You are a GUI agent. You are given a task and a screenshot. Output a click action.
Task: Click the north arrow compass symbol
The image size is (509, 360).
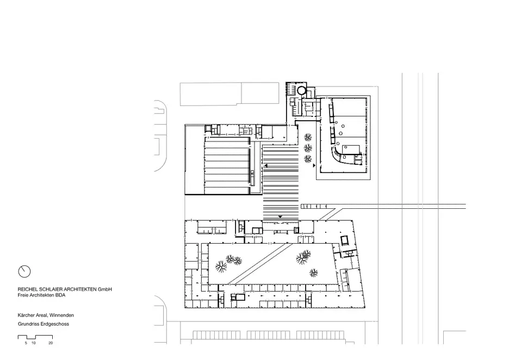(24, 271)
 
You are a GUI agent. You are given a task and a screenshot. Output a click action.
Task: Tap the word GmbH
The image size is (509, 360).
(105, 289)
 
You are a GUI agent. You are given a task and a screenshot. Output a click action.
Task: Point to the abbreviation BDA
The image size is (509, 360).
(60, 295)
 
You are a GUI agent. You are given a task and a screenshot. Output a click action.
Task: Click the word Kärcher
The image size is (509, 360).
(26, 315)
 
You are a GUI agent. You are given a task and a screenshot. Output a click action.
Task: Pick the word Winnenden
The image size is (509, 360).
(61, 315)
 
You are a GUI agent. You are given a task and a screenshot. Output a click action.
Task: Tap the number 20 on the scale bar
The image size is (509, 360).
(51, 343)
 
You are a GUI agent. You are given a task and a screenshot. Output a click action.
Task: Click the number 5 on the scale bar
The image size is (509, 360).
(26, 343)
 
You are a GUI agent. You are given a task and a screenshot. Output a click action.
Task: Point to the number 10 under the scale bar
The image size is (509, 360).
(34, 343)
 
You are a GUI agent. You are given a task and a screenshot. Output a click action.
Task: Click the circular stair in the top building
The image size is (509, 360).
(302, 90)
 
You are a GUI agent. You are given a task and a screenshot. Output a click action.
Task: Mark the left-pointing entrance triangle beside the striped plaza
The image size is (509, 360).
(266, 166)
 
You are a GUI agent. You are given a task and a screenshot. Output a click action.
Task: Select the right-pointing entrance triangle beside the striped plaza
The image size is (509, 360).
(314, 165)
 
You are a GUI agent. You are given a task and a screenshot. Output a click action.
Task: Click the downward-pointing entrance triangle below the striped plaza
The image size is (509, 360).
(281, 217)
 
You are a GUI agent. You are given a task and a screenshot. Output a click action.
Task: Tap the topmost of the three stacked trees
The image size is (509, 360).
(308, 138)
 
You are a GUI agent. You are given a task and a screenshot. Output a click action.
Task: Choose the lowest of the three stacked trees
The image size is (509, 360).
(308, 159)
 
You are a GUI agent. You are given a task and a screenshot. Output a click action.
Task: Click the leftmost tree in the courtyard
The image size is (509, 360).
(221, 266)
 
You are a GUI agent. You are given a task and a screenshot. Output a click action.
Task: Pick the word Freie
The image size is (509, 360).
(23, 295)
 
